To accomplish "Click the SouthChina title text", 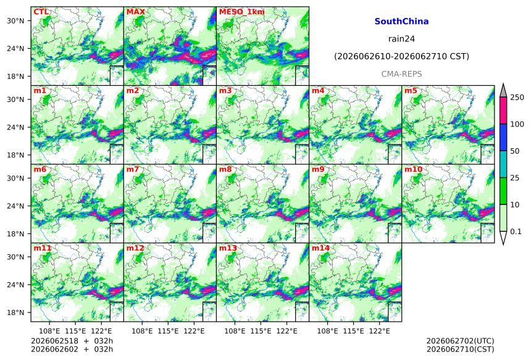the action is (x=401, y=22).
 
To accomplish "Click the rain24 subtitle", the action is (x=401, y=39).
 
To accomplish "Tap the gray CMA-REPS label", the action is (x=401, y=74).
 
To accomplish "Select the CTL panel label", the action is (x=41, y=12).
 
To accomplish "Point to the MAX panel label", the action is (x=135, y=12).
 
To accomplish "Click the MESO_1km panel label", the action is (x=242, y=12).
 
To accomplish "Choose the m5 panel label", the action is (x=411, y=91).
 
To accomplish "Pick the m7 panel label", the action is (x=133, y=169).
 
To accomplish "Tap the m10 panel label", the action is (x=413, y=169).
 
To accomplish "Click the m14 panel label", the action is (x=320, y=248).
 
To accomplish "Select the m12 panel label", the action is (x=135, y=248).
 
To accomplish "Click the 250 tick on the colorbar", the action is (x=517, y=98).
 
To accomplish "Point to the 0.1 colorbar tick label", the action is (x=516, y=232).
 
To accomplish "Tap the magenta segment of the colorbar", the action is (x=503, y=111).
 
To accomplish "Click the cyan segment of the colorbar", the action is (x=503, y=164).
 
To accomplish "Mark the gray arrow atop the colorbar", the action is (x=503, y=91).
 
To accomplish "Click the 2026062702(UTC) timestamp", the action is (x=460, y=341).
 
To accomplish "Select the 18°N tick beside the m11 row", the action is (x=16, y=312).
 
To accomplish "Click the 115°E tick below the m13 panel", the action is (x=261, y=331).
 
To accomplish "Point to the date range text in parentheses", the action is (x=401, y=57).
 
